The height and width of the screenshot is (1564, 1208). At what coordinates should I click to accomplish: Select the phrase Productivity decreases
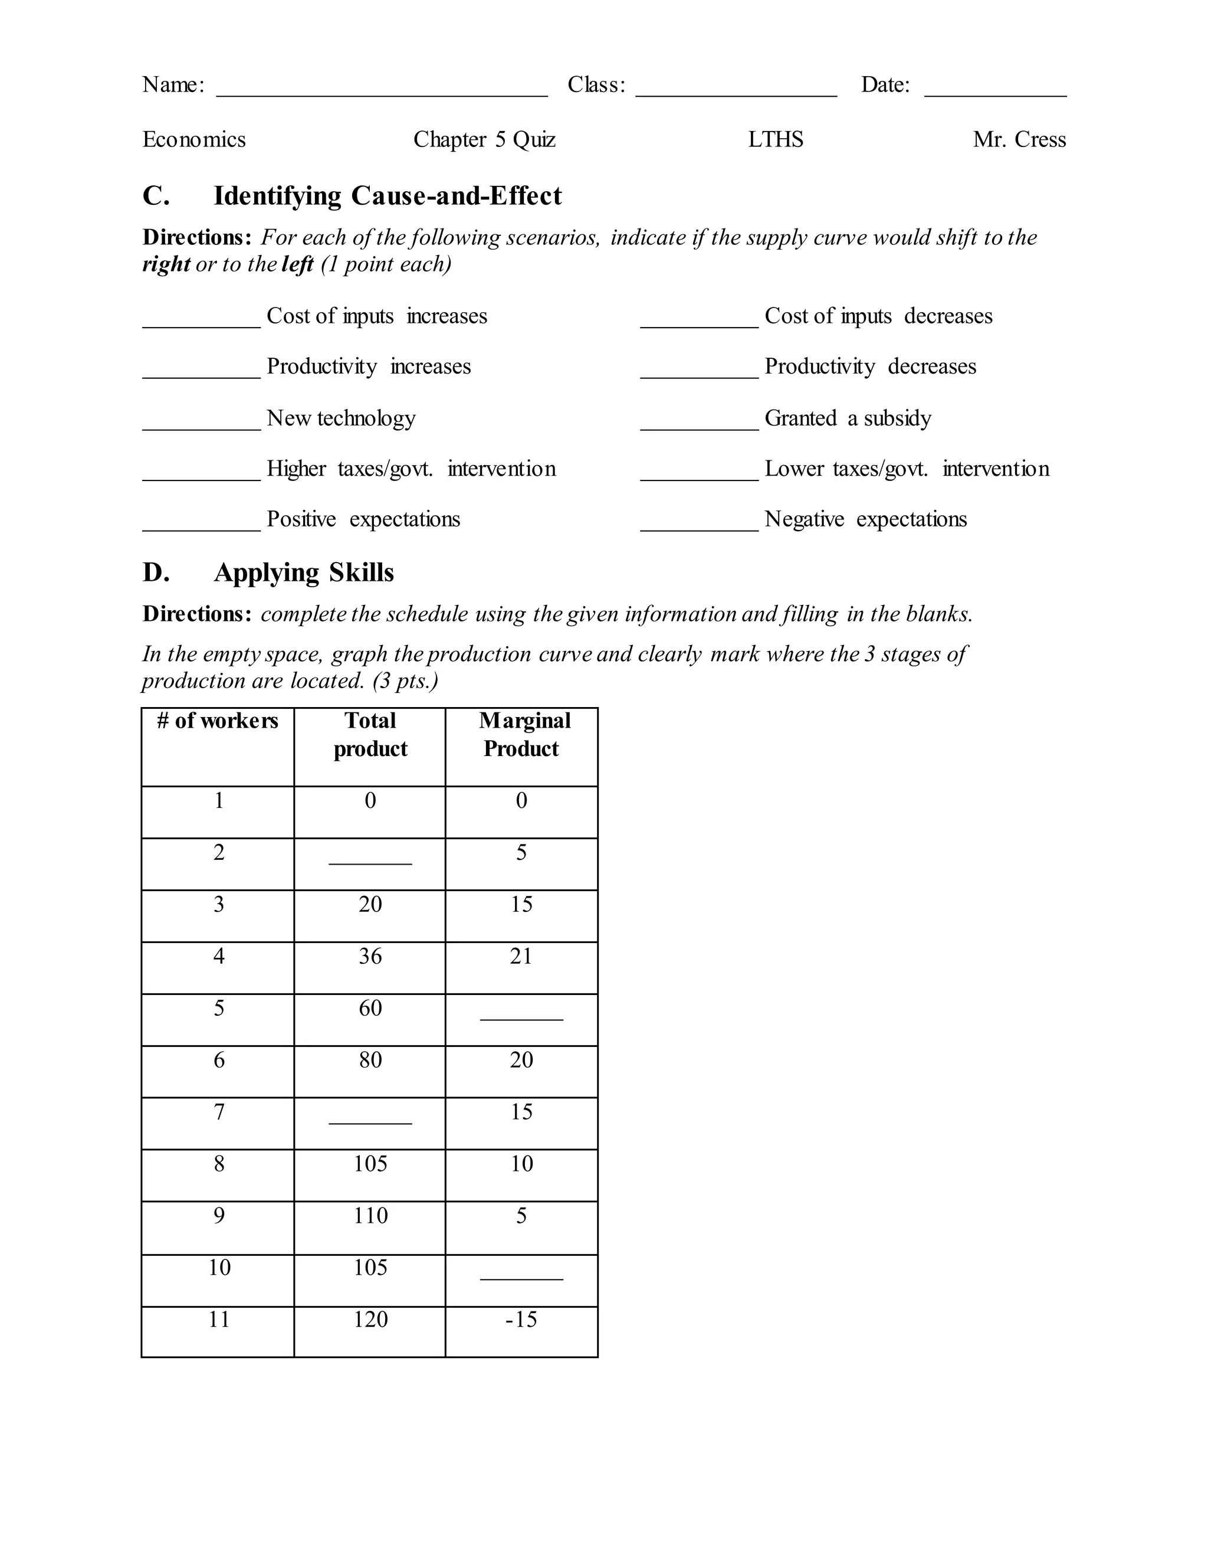(x=869, y=366)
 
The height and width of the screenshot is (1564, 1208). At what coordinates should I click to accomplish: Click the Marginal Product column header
(x=521, y=734)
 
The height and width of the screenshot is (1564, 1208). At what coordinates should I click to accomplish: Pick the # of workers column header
(x=218, y=721)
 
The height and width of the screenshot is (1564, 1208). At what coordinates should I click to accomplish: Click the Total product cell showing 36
(x=370, y=956)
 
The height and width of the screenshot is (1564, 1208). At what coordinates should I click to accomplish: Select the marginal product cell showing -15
(x=521, y=1319)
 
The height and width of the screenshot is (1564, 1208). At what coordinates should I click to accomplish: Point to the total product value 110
(x=370, y=1215)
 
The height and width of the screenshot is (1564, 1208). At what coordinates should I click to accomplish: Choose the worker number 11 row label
(x=219, y=1319)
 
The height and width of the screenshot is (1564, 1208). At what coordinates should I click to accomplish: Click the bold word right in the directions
(x=166, y=264)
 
